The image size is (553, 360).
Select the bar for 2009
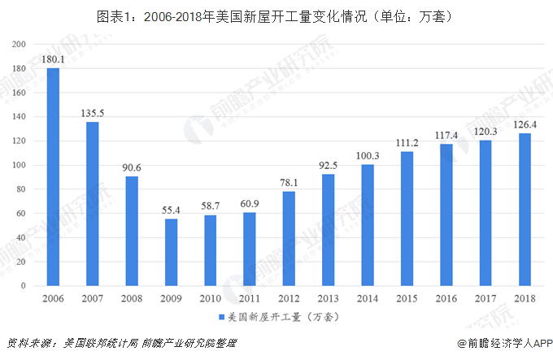pyautogui.click(x=171, y=253)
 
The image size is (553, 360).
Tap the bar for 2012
pyautogui.click(x=289, y=239)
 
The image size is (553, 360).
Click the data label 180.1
pyautogui.click(x=53, y=59)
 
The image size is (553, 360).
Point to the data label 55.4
pyautogui.click(x=171, y=210)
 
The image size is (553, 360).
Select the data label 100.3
pyautogui.click(x=367, y=156)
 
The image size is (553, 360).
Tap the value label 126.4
pyautogui.click(x=524, y=124)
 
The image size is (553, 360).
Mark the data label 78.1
pyautogui.click(x=289, y=182)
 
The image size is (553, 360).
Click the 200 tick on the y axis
pyautogui.click(x=20, y=44)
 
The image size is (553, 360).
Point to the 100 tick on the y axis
pyautogui.click(x=20, y=166)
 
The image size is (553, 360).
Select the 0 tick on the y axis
pyautogui.click(x=24, y=287)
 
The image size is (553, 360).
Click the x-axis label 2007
pyautogui.click(x=92, y=299)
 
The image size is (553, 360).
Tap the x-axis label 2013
pyautogui.click(x=328, y=299)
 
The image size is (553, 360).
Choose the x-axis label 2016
pyautogui.click(x=445, y=299)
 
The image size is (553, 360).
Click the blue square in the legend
pyautogui.click(x=220, y=316)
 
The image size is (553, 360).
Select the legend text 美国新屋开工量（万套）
pyautogui.click(x=281, y=316)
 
